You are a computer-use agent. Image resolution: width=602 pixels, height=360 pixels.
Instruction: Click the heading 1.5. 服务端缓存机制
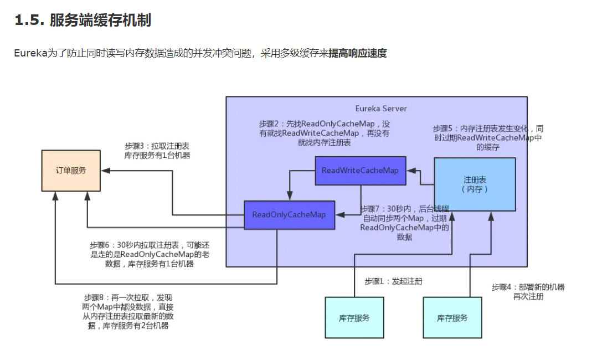tap(83, 21)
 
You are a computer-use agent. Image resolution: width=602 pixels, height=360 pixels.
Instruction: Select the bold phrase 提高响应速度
tap(357, 54)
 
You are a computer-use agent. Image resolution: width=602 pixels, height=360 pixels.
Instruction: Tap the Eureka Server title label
tap(381, 109)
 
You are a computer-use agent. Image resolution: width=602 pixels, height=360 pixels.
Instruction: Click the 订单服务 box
tap(71, 171)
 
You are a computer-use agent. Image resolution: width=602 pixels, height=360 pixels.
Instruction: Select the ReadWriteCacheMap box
tap(360, 171)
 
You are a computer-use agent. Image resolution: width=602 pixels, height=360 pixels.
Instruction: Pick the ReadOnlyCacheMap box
tap(289, 215)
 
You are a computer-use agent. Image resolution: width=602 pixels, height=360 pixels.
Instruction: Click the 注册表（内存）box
tap(475, 184)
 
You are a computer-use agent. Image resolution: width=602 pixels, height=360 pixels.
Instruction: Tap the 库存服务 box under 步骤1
tap(354, 318)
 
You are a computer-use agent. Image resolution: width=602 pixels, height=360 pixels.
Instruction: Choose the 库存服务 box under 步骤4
tap(452, 318)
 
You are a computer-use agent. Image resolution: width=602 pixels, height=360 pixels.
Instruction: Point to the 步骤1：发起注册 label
tap(393, 281)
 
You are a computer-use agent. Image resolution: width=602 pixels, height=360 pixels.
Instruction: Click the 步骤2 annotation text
tap(324, 133)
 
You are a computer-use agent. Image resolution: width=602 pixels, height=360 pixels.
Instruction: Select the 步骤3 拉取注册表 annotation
tap(157, 151)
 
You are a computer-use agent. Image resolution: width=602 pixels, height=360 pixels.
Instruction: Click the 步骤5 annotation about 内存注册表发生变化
tap(488, 137)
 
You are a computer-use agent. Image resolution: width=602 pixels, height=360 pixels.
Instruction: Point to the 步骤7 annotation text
tap(405, 223)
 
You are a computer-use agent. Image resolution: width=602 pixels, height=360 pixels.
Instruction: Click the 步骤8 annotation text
tap(128, 312)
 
